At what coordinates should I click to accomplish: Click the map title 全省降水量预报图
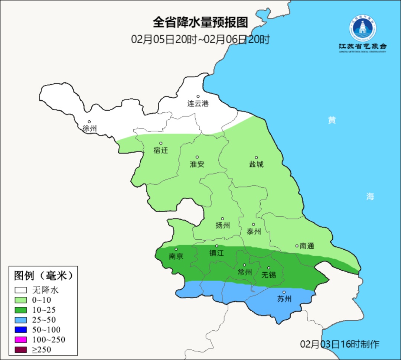coord(200,22)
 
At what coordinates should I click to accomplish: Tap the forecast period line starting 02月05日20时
coord(200,39)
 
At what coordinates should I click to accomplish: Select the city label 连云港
coord(198,104)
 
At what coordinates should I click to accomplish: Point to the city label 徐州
coord(90,129)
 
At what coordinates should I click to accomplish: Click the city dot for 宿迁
coord(161,143)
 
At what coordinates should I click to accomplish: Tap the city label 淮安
coord(197,164)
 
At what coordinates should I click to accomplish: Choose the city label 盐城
coord(256,164)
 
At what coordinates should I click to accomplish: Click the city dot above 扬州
coord(222,219)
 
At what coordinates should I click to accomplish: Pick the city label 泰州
coord(254,231)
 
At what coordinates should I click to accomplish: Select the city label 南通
coord(307,246)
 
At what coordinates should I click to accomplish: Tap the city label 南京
coord(176,256)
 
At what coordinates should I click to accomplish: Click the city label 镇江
coord(217,253)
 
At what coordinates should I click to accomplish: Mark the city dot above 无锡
coord(269,268)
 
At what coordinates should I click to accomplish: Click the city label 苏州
coord(284,299)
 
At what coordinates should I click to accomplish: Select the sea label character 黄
coord(332,120)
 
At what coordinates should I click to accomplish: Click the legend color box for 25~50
coord(21,320)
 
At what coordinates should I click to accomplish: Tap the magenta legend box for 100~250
coord(21,339)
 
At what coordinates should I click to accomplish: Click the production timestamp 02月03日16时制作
coord(340,344)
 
